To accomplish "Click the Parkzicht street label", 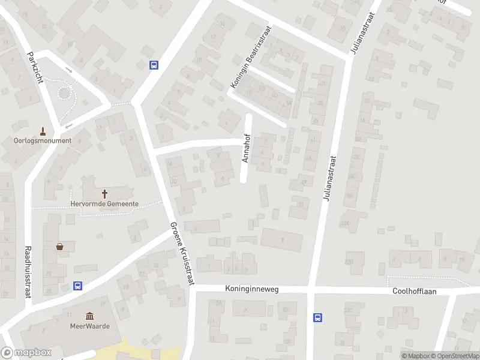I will point(35,67).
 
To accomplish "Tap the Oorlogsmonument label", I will point(43,141).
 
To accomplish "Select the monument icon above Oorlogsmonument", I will point(43,130).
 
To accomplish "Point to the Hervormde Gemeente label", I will point(104,204).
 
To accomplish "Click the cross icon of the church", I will point(104,194).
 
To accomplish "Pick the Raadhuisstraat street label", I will point(27,271).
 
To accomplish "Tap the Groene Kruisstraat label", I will point(181,253).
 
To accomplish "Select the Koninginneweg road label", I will point(252,289).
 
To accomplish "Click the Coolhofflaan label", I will point(414,291).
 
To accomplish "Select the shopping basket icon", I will point(60,246).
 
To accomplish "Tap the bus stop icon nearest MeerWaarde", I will point(77,286).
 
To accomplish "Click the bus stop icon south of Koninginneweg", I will point(317,317).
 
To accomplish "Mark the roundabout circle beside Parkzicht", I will point(64,93).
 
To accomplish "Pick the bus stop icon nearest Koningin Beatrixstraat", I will point(154,65).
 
